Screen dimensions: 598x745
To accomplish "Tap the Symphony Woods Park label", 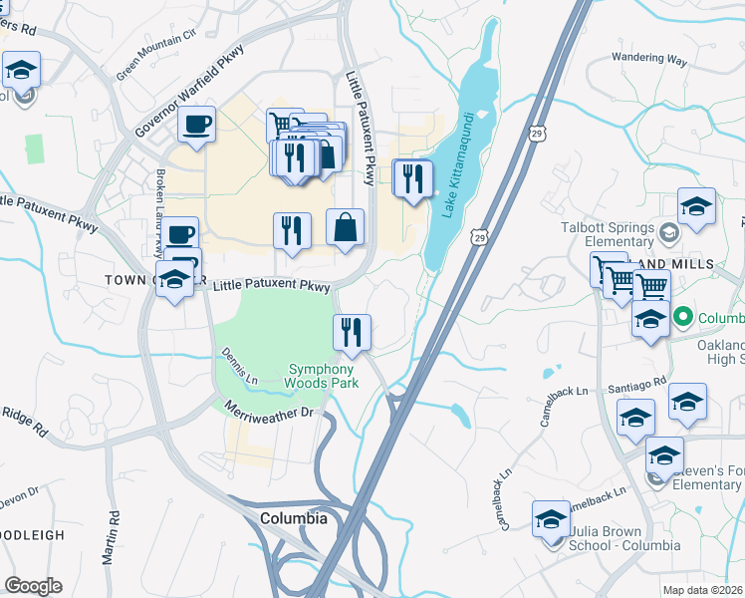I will [322, 375].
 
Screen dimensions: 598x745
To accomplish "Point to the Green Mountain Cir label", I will [156, 57].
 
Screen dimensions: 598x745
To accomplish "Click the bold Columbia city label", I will [293, 518].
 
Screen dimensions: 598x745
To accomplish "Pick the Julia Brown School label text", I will [624, 537].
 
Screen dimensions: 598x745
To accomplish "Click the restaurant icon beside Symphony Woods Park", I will [351, 331].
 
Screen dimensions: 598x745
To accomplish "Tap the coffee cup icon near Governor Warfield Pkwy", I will [196, 125].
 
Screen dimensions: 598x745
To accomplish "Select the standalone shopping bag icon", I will [345, 226].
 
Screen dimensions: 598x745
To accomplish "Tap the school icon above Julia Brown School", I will [550, 518].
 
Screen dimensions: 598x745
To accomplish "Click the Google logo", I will [33, 586].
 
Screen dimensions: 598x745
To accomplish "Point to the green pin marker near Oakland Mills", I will [682, 318].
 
